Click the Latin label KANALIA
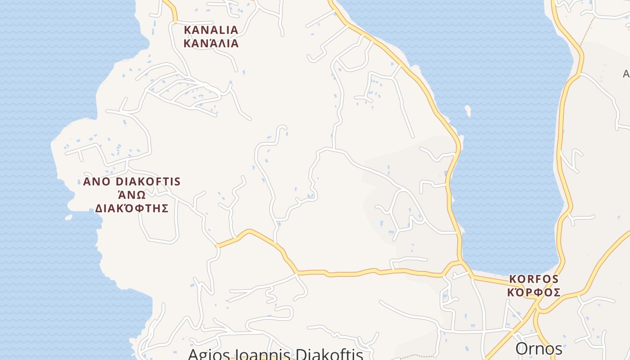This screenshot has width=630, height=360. coord(211,30)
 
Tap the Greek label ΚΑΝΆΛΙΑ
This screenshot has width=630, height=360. coord(211,44)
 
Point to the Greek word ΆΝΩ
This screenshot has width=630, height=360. coord(132,195)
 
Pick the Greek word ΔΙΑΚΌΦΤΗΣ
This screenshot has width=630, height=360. coord(132,208)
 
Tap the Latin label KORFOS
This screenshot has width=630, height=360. coord(534,279)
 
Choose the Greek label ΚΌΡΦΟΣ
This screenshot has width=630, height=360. coord(534,292)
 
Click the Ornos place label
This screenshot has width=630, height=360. coord(539,349)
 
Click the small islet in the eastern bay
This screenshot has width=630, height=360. coord(468,111)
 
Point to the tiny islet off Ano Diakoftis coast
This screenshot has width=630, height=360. coord(68,217)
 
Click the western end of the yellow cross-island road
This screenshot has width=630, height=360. coord(217,245)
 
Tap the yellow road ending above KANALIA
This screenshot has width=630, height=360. coord(174,21)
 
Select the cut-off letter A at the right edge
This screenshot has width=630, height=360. coord(626,73)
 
